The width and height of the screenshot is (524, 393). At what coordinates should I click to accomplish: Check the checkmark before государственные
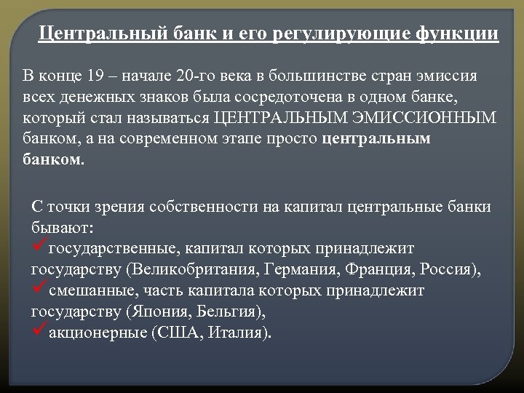point(40,248)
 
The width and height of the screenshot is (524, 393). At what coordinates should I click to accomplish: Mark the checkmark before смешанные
point(40,290)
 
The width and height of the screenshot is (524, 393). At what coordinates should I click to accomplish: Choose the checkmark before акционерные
point(40,333)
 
